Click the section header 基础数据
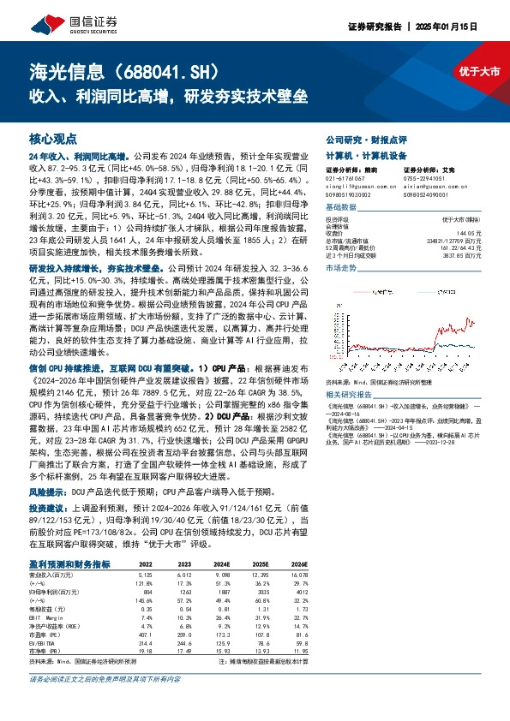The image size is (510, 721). pyautogui.click(x=341, y=207)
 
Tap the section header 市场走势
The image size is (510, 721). pyautogui.click(x=341, y=292)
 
